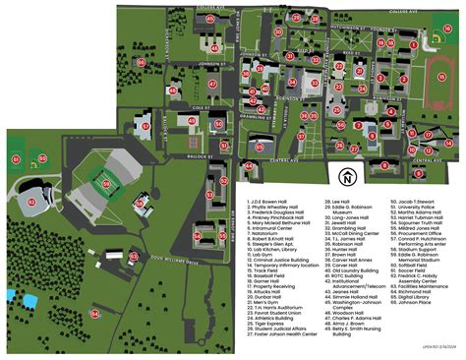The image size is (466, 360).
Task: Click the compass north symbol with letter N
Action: click(x=346, y=178)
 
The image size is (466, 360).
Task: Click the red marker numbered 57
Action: click(x=145, y=127)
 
